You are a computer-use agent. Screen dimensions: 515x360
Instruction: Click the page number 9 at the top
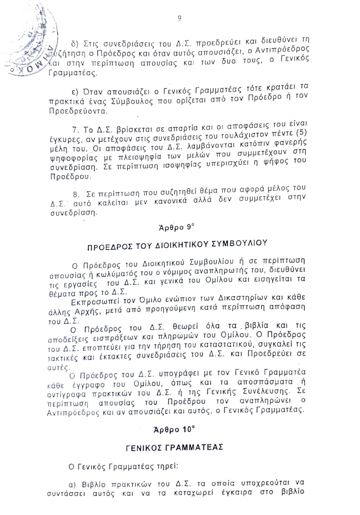(x=179, y=19)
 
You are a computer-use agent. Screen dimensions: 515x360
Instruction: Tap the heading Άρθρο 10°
(x=174, y=430)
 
